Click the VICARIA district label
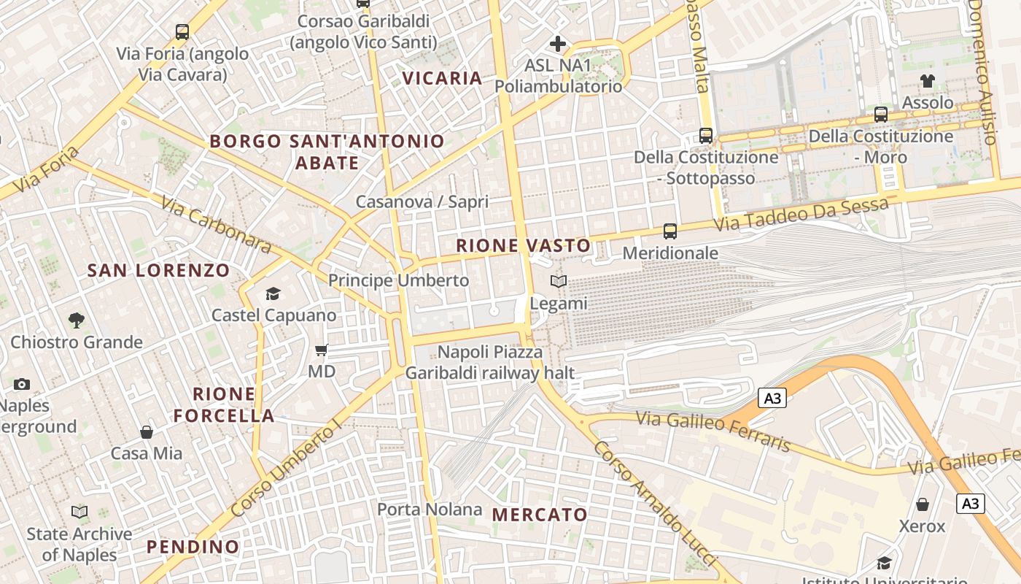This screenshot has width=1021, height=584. pos(443,78)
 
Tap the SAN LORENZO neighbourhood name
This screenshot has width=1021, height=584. pos(158,271)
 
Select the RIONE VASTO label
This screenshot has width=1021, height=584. pos(523,246)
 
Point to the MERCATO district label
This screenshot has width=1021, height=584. pos(540,515)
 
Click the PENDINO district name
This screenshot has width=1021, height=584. pos(193,547)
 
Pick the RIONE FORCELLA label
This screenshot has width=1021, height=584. pos(224,405)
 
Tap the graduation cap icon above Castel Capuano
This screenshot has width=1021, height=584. pos(273,293)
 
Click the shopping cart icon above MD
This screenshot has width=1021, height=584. pos(321,350)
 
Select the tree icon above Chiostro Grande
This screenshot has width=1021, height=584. pos(76,320)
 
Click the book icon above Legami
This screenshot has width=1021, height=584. pos(559,282)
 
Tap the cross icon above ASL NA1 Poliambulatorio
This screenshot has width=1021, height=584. pos(558,44)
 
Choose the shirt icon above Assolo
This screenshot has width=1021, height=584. pos(927,81)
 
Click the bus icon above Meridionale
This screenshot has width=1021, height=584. pos(669,231)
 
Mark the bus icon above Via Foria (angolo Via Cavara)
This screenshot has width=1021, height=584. pos(182,32)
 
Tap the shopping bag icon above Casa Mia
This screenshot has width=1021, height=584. pos(147,432)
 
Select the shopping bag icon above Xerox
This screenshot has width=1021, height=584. pos(922,504)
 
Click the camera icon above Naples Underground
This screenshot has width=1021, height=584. pos(22,384)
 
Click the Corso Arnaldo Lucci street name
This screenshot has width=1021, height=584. pos(653,503)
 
